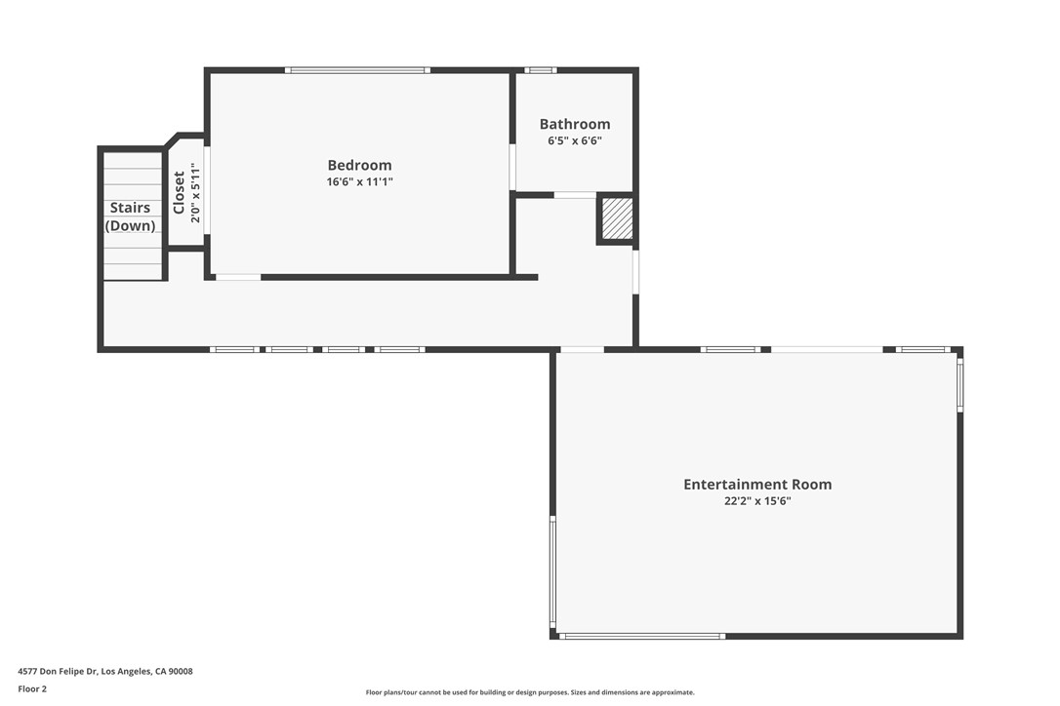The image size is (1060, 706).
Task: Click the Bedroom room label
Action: pyautogui.click(x=359, y=165)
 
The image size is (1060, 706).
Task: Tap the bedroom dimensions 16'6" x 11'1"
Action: pyautogui.click(x=359, y=181)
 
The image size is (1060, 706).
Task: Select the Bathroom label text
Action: pyautogui.click(x=575, y=124)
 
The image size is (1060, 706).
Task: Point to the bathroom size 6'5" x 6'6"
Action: pyautogui.click(x=575, y=141)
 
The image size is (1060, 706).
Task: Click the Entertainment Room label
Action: pyautogui.click(x=757, y=485)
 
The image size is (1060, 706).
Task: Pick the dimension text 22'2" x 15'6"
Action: pyautogui.click(x=757, y=501)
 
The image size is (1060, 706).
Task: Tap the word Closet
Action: pyautogui.click(x=180, y=192)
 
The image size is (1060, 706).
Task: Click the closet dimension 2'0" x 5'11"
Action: pyautogui.click(x=195, y=192)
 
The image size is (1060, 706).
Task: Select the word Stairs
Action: pyautogui.click(x=130, y=208)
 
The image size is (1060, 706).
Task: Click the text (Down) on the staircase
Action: pyautogui.click(x=130, y=225)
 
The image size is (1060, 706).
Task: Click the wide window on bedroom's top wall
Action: pyautogui.click(x=357, y=70)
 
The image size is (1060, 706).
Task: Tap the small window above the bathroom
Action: pyautogui.click(x=541, y=70)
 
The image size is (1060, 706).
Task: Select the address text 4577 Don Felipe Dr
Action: pyautogui.click(x=58, y=672)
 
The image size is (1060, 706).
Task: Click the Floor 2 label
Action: pyautogui.click(x=32, y=689)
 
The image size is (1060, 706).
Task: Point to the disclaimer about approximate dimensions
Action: pyautogui.click(x=530, y=692)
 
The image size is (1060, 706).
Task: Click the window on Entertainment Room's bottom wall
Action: pyautogui.click(x=641, y=637)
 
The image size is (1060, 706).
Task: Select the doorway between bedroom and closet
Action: pyautogui.click(x=207, y=190)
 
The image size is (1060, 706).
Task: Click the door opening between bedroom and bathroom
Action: pyautogui.click(x=512, y=167)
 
